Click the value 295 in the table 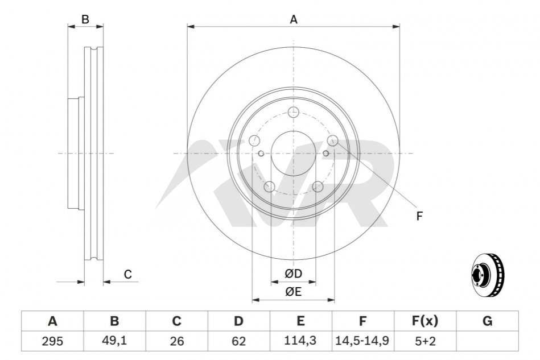pos(52,341)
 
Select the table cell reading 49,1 pos(114,341)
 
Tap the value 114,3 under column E pos(300,341)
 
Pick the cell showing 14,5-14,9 pos(362,341)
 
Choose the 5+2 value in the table pos(425,341)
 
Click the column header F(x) pos(425,321)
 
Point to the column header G pos(487,321)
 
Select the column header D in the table pos(238,321)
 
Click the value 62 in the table pos(238,341)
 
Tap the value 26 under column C pos(176,341)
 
